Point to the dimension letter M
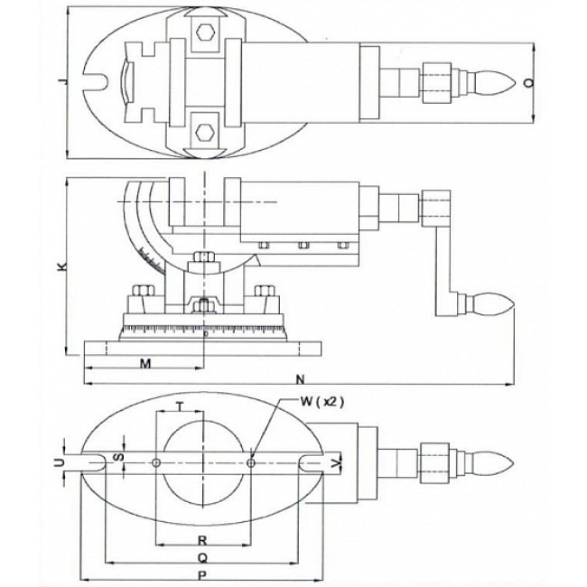coord(145,363)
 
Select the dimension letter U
coord(61,461)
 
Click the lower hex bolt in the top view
coord(204,128)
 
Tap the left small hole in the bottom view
coord(157,462)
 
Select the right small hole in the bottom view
coord(252,462)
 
